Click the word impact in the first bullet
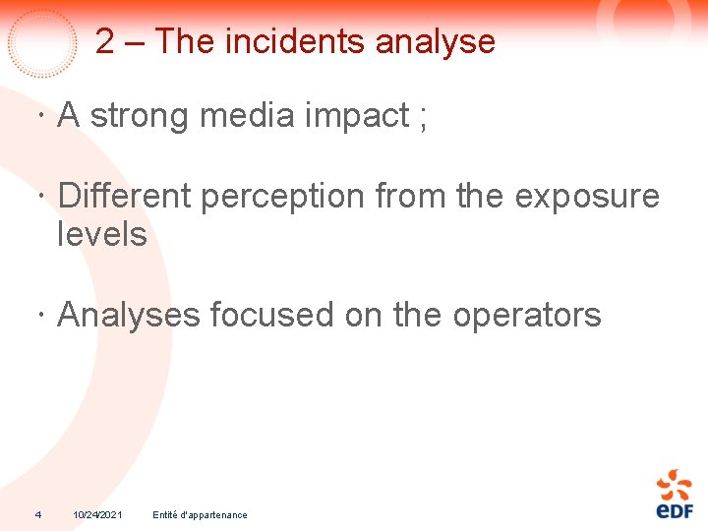(357, 116)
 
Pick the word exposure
(587, 197)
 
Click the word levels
(102, 235)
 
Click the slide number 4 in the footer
(37, 514)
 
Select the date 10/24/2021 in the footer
(97, 515)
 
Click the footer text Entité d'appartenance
(201, 515)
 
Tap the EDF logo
(674, 494)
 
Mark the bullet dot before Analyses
(36, 317)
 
